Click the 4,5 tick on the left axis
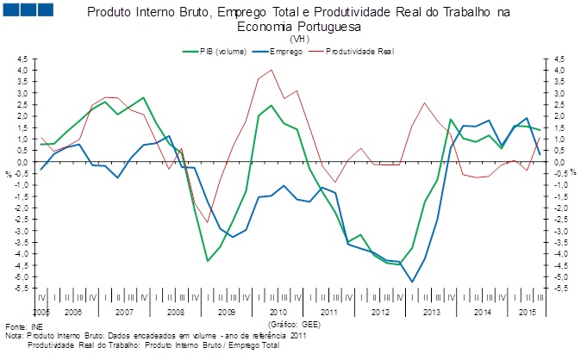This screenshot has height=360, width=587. coord(22,59)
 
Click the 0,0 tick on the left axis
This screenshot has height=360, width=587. coord(22,162)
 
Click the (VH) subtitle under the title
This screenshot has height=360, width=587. coord(300,39)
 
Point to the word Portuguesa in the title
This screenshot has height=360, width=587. coord(326,27)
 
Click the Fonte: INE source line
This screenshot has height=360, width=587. coord(23,328)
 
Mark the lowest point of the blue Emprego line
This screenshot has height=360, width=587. coord(412,282)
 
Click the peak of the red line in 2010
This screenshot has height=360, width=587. coord(272,70)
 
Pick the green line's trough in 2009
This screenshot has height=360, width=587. coord(207,261)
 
